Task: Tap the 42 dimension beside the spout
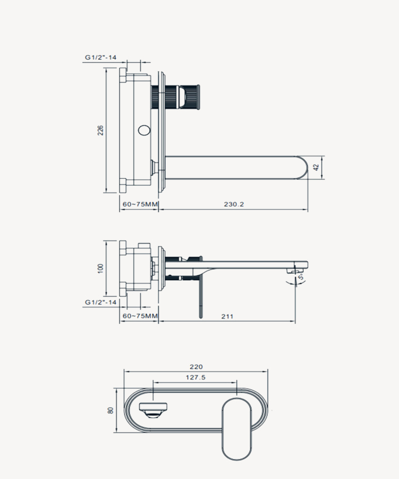(x=317, y=167)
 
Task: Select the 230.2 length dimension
(x=233, y=204)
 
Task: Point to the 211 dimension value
(x=227, y=316)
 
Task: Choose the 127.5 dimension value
(x=195, y=378)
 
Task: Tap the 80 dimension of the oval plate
(x=110, y=410)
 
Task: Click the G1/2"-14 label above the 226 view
(x=101, y=57)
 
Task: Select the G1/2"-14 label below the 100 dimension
(x=101, y=302)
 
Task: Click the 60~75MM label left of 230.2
(x=139, y=204)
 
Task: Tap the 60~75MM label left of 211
(x=139, y=316)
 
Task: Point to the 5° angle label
(x=301, y=279)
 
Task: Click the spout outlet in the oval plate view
(x=154, y=409)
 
